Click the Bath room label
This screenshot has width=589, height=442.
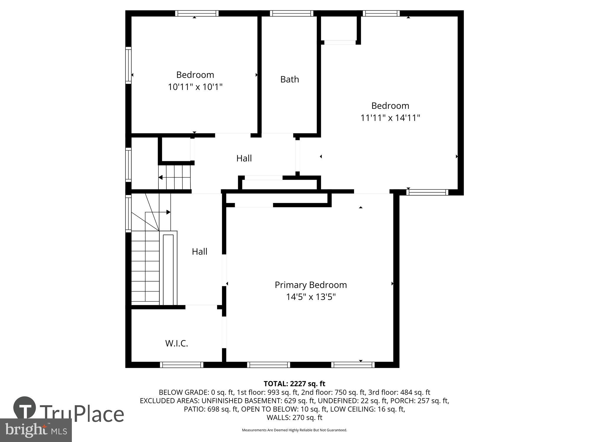(289, 79)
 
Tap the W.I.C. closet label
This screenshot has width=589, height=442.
(176, 343)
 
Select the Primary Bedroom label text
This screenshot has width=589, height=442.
(311, 285)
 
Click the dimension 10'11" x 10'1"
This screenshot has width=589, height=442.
(195, 87)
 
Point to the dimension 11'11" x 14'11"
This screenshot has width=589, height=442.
(390, 118)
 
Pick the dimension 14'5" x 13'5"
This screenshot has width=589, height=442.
(311, 297)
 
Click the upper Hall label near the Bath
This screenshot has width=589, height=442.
(244, 158)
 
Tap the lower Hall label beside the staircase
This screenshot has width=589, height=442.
(199, 251)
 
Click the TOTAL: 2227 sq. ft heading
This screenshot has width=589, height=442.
(294, 384)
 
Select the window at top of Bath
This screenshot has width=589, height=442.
(292, 13)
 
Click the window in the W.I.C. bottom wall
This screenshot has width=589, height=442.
(181, 365)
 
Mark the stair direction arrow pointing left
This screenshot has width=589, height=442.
(161, 177)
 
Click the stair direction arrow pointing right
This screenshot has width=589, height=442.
(168, 212)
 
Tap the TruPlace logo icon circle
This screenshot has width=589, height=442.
(25, 408)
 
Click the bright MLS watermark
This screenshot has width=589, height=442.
(36, 431)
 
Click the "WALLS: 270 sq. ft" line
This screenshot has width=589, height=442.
(294, 417)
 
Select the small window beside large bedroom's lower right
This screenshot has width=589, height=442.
(427, 192)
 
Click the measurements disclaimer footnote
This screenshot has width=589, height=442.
(294, 430)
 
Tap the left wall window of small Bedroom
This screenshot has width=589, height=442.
(128, 65)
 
